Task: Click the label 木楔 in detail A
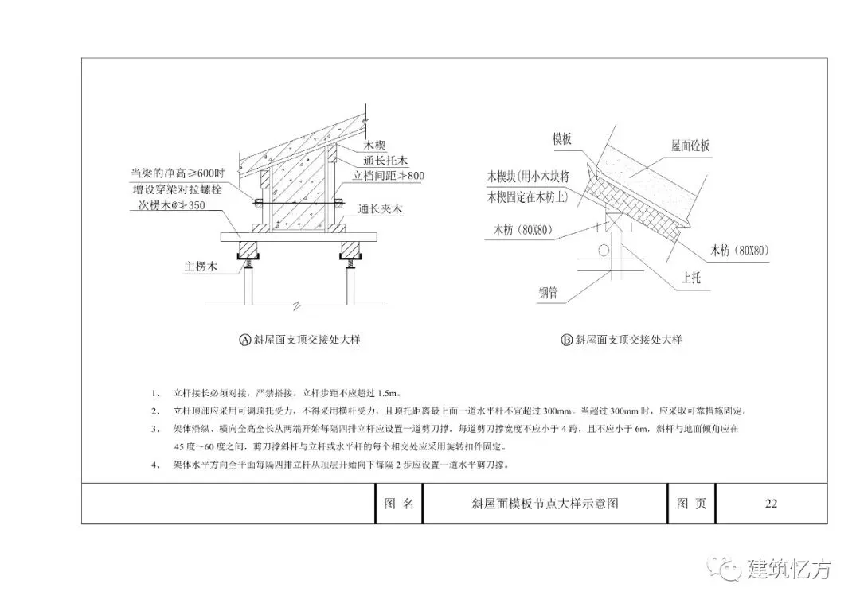pos(375,146)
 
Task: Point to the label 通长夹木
pos(381,210)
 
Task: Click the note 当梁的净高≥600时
pos(178,173)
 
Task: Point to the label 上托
pos(690,279)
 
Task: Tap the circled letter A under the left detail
pos(245,340)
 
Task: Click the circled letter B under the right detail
pos(567,340)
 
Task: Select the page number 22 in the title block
pos(770,504)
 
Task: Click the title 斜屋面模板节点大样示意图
pos(545,504)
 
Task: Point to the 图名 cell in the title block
pos(398,504)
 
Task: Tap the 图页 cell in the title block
pos(691,504)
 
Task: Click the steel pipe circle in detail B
pos(604,251)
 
